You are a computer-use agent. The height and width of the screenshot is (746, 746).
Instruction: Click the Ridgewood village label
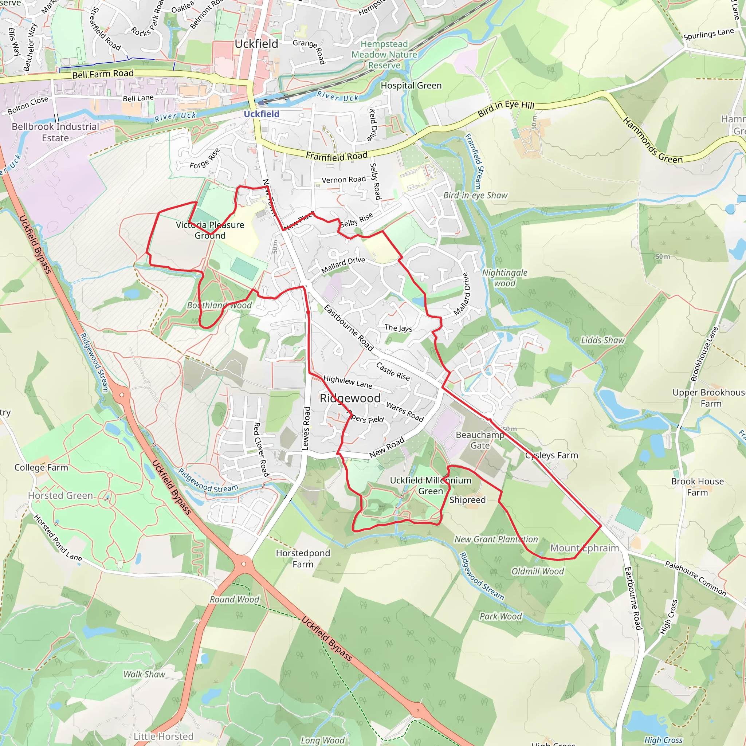click(x=350, y=398)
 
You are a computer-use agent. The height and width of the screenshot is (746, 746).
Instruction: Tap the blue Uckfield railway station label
click(x=262, y=114)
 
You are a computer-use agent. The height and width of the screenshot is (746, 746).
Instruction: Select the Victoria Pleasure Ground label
click(x=210, y=230)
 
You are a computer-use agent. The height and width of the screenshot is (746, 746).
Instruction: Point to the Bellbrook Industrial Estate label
click(x=55, y=132)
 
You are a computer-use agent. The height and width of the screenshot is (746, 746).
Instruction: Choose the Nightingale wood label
click(x=504, y=278)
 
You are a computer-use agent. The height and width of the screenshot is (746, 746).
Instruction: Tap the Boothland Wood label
click(x=219, y=305)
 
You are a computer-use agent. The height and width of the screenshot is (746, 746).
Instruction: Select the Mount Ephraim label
click(x=584, y=548)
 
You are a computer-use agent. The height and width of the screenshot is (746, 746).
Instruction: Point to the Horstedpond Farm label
click(x=303, y=558)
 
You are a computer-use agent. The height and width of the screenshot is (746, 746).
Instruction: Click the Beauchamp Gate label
click(x=480, y=440)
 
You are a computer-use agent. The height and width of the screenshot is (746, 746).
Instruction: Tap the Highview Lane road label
click(x=348, y=382)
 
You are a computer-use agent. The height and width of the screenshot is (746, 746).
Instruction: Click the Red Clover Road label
click(x=261, y=449)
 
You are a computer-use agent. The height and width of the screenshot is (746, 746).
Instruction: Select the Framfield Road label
click(x=337, y=156)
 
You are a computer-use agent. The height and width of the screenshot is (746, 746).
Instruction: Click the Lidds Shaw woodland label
click(x=603, y=340)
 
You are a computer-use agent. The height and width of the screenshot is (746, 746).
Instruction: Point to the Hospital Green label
click(x=411, y=86)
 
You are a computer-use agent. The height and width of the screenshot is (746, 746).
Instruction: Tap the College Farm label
click(x=41, y=467)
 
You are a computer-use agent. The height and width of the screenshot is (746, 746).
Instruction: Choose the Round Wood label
click(x=234, y=599)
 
